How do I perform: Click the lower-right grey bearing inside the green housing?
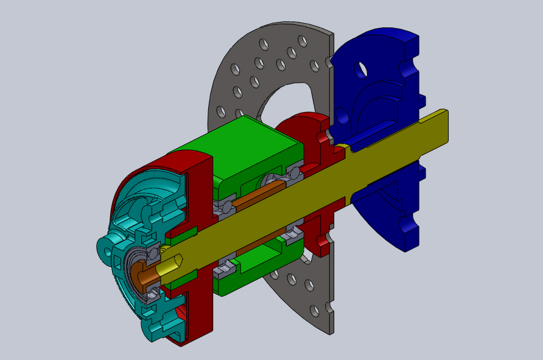294,233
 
